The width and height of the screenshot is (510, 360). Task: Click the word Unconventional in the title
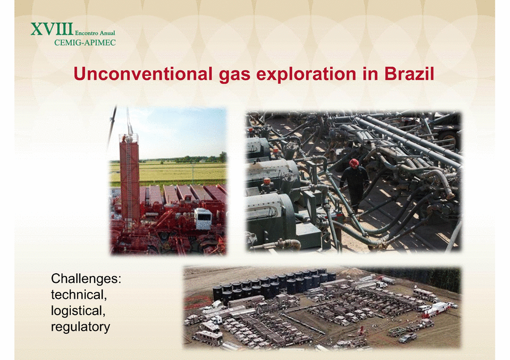tap(143, 74)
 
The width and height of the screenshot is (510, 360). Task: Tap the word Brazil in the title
tap(409, 74)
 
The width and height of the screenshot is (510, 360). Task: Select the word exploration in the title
tap(306, 75)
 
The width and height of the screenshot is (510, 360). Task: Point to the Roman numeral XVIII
tap(52, 29)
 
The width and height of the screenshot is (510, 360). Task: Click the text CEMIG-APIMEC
tap(85, 43)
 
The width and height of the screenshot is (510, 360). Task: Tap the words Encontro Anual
tap(95, 33)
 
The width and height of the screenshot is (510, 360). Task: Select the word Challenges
tap(84, 279)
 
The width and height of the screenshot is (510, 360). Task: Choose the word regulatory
tap(81, 327)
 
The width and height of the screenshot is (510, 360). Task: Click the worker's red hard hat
tap(353, 163)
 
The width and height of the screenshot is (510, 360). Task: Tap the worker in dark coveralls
tap(354, 185)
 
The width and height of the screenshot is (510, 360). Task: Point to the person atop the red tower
tap(124, 138)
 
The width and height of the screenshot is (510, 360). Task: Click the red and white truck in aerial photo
tap(436, 310)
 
